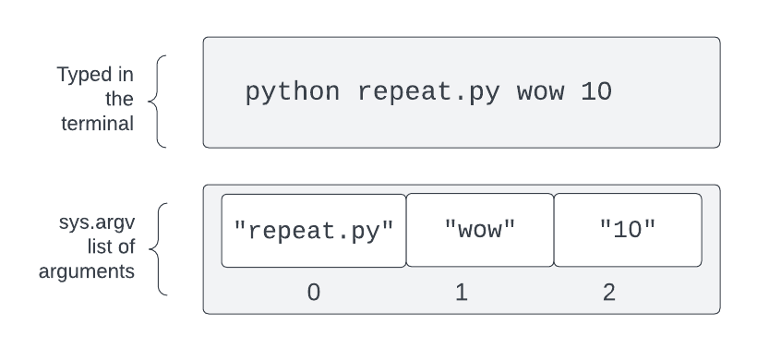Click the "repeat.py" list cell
314,230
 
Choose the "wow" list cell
480,230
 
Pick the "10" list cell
628,230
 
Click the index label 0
314,293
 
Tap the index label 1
462,293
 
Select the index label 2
609,293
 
